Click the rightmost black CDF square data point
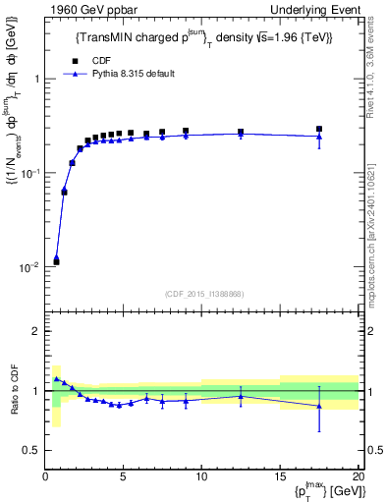pos(319,129)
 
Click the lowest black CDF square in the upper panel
pos(56,261)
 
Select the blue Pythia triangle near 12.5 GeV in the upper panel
pos(241,134)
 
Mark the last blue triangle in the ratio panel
pos(319,406)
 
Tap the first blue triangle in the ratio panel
pos(56,378)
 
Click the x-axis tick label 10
pos(201,478)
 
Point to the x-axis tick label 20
pos(357,478)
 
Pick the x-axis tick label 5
pos(123,478)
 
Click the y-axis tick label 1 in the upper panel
pos(36,79)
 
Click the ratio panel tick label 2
pos(36,332)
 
